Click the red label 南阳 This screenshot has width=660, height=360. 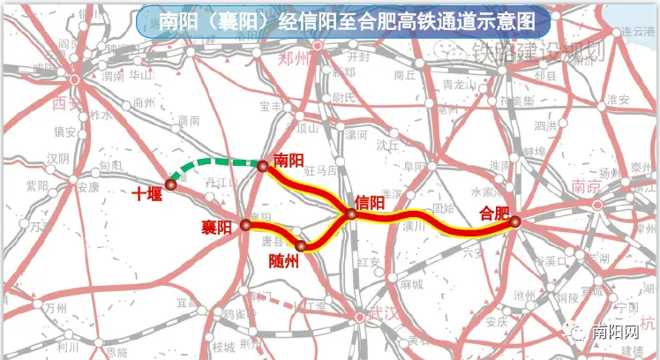289,161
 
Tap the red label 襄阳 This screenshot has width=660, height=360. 216,228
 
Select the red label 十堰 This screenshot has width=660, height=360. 146,194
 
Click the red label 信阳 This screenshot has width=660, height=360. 370,201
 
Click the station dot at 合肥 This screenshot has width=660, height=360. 514,222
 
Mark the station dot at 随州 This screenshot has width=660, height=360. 301,245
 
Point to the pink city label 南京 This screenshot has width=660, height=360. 585,187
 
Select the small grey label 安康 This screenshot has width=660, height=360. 87,187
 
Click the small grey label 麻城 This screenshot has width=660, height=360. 411,284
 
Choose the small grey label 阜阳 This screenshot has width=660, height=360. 414,165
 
